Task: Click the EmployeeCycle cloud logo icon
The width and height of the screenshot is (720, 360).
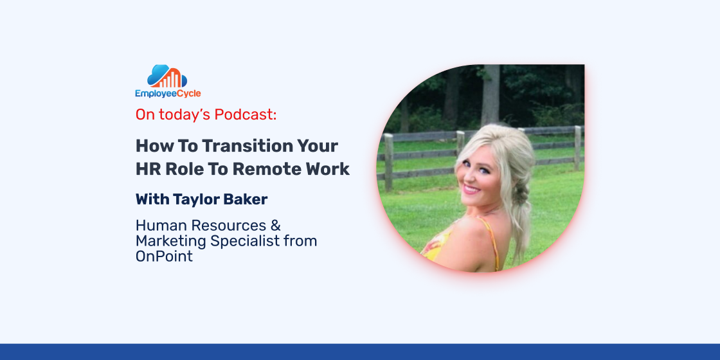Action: [x=167, y=76]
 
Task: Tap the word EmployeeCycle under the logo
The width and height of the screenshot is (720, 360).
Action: [x=168, y=94]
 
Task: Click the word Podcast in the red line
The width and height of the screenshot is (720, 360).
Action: [x=246, y=115]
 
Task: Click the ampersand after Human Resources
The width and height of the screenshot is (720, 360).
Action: [x=276, y=226]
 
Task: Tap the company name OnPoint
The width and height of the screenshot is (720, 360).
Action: [x=164, y=256]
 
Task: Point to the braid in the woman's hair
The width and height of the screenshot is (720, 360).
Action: [x=521, y=197]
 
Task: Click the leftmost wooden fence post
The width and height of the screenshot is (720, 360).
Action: [x=388, y=161]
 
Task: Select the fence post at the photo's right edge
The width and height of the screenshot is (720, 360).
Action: [x=577, y=147]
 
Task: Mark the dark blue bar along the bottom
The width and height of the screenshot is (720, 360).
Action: [x=360, y=352]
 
